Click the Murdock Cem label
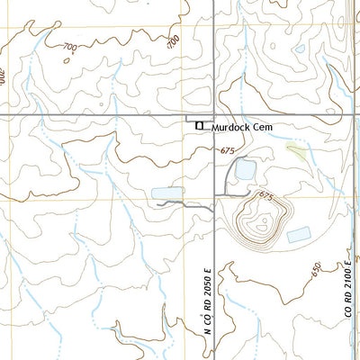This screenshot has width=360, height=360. (240, 129)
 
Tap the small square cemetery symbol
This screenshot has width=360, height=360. (201, 126)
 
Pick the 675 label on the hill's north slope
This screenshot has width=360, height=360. (265, 195)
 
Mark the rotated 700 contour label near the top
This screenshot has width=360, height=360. (173, 40)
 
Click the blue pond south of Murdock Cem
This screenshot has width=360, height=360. (245, 168)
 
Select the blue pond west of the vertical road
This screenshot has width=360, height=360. (166, 193)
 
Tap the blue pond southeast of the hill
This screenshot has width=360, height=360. (298, 234)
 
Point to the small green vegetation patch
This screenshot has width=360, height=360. (296, 152)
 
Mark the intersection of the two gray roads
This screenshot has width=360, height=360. (213, 117)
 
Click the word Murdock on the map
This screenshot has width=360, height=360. (230, 129)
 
